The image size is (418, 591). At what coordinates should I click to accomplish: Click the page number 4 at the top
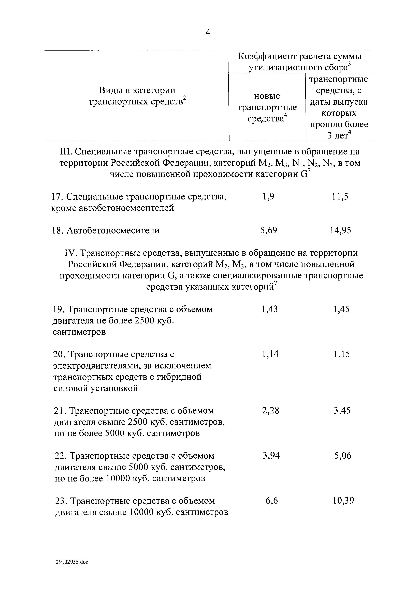[208, 33]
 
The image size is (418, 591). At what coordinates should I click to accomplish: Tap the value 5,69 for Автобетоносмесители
[269, 230]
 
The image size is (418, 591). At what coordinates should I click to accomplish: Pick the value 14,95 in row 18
[340, 230]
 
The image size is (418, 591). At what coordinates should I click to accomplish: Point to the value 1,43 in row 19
[270, 309]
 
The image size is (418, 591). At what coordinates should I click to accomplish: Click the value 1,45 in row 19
[341, 309]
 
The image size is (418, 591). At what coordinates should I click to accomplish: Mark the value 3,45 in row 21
[342, 410]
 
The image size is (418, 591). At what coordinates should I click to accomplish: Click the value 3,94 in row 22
[271, 456]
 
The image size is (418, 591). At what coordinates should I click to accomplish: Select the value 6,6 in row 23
[272, 501]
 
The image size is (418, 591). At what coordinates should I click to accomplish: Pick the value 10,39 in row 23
[343, 501]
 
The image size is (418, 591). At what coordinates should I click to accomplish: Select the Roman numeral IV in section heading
[69, 253]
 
